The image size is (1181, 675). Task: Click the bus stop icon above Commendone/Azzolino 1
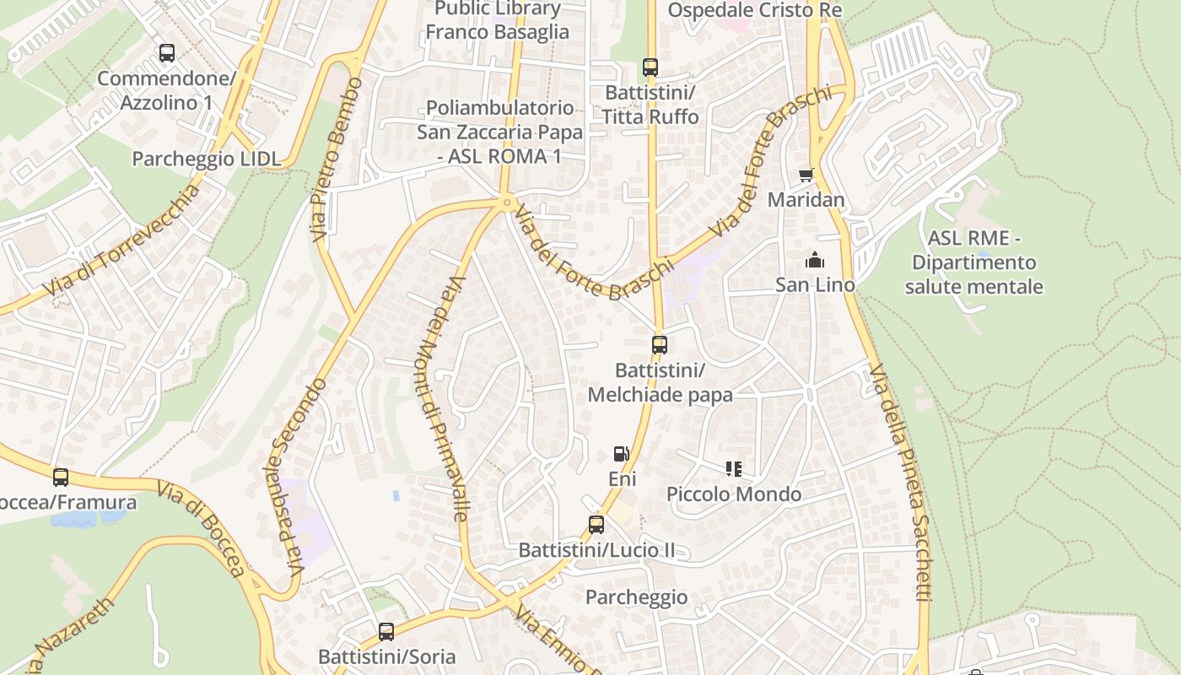point(167,53)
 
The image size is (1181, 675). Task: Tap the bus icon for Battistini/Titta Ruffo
point(650,67)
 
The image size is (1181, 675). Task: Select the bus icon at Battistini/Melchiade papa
point(660,344)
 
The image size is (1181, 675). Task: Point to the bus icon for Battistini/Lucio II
point(596,525)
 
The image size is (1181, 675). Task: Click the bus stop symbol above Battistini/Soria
point(386,631)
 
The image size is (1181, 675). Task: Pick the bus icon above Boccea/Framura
point(61,477)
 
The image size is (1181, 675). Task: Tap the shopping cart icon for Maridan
point(806,175)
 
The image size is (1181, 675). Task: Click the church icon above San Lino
point(815,259)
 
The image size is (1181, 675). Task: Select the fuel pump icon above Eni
point(622,454)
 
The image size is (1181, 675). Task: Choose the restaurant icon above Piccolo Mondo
point(733,468)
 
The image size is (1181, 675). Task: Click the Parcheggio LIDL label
point(207,159)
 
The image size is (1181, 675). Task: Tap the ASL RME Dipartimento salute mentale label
point(973,262)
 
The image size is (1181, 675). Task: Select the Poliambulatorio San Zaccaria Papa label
point(499,132)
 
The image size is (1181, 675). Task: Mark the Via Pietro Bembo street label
point(337,160)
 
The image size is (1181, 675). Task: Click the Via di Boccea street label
point(202,529)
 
